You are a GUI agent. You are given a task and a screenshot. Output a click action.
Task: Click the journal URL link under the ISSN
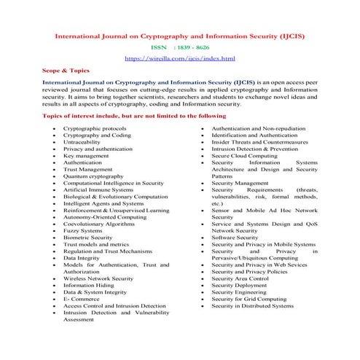point(179,57)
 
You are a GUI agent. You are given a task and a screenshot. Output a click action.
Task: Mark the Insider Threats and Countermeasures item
point(259,136)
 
